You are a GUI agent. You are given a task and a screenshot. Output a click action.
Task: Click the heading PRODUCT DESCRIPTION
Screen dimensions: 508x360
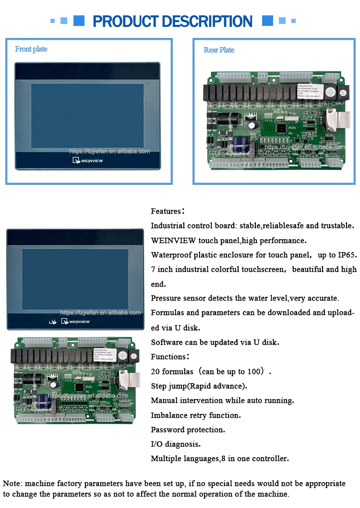coord(172,21)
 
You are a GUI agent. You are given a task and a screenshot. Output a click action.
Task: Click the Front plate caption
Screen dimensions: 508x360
coord(31,49)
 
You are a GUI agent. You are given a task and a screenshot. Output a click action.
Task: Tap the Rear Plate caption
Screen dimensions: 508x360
coord(219,50)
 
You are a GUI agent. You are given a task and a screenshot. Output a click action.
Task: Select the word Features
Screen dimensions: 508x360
coord(166,211)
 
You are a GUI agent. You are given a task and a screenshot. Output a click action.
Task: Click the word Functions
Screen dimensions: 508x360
coord(168,357)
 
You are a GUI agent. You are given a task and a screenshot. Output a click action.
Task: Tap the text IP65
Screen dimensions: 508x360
coord(347,255)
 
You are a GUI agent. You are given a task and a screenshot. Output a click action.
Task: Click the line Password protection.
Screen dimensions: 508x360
coord(188,430)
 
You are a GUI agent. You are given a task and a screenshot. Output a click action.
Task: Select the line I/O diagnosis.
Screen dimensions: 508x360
coord(176,444)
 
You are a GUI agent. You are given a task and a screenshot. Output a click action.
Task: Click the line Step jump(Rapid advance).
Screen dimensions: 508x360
coord(199,386)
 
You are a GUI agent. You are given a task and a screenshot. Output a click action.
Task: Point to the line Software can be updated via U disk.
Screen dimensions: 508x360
coord(215,342)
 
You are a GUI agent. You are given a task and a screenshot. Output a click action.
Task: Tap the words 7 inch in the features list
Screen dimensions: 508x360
coord(162,269)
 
